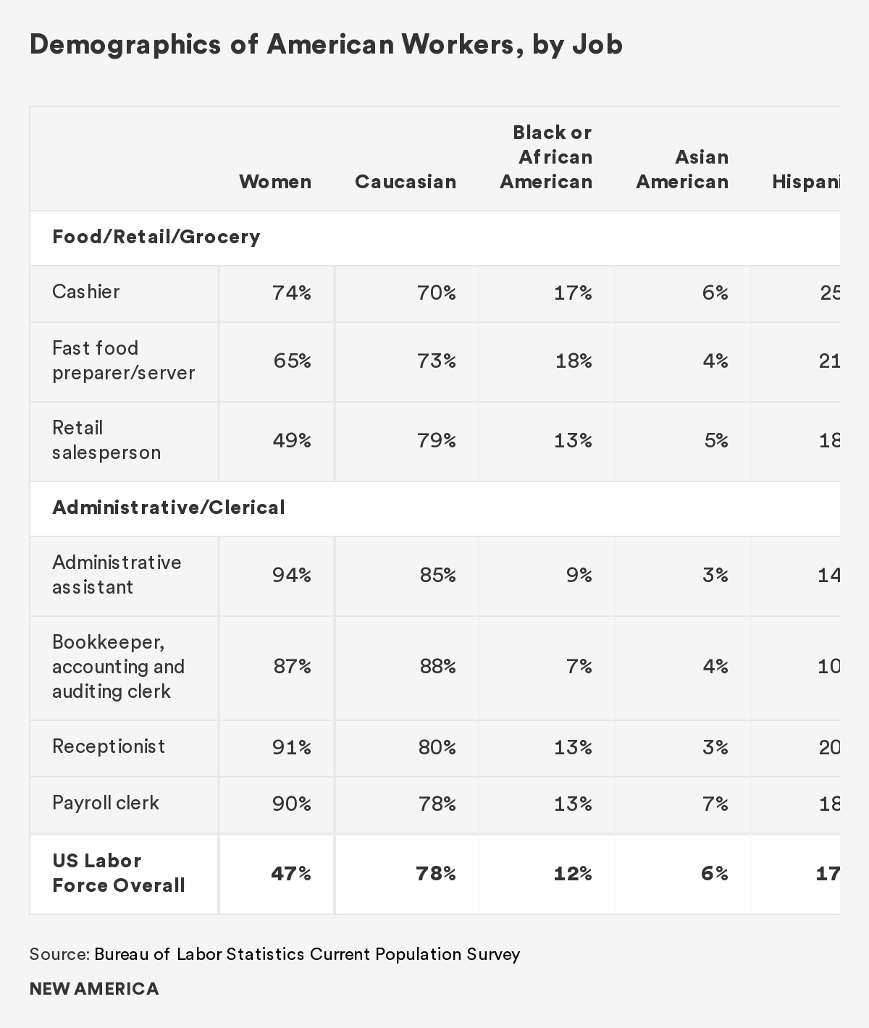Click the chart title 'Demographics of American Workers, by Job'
pos(326,45)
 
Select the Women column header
pos(275,182)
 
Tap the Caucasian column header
pos(406,182)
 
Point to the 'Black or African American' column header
pos(546,157)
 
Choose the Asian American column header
pos(682,169)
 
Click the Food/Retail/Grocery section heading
pos(156,237)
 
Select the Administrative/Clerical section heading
pos(169,507)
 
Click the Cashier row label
pos(86,292)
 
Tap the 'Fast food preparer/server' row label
pos(123,361)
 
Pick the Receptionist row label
pos(109,746)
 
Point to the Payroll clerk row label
pos(106,803)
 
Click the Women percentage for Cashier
pos(292,292)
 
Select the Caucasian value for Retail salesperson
pos(437,440)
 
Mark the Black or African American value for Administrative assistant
pos(579,575)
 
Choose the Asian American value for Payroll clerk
pos(715,804)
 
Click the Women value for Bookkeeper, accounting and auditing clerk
pos(292,666)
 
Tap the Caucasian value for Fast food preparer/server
pos(437,361)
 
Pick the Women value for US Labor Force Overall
pos(291,874)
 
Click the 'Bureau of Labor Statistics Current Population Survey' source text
pos(307,954)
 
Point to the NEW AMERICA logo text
pos(94,989)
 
